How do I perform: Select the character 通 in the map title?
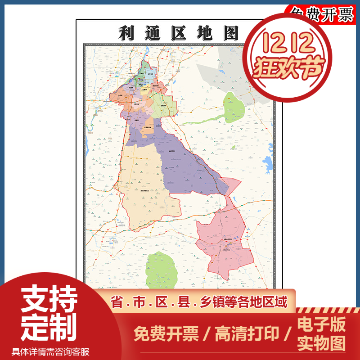[x=152, y=33]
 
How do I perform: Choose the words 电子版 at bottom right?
[x=321, y=324]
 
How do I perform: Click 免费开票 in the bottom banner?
[x=166, y=333]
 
